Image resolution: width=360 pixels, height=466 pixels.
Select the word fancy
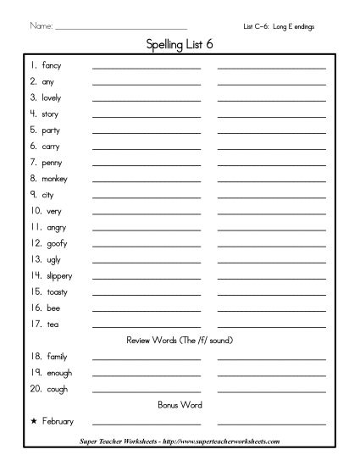point(52,65)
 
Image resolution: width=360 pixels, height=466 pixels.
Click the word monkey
point(54,179)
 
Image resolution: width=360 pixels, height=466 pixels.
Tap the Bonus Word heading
point(180,405)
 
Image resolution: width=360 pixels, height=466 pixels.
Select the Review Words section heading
point(180,341)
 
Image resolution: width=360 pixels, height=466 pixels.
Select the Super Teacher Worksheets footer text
point(180,441)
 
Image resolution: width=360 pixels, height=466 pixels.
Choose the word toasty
point(53,291)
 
